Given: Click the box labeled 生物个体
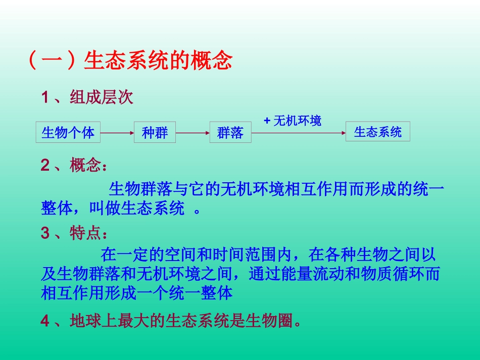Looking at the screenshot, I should point(68,133).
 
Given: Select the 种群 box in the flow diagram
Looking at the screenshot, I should point(155,133).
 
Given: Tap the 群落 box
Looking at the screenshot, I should point(230,133).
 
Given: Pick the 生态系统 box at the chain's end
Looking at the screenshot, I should point(377,132).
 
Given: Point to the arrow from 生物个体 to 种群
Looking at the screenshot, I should point(117,133).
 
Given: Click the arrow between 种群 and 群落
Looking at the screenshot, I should point(193,133).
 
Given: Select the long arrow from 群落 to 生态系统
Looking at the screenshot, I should point(298,133).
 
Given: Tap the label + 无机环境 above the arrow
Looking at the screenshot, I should point(293,121).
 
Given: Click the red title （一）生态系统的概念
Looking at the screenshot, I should point(128,61).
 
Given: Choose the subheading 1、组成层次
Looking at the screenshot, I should point(87,97).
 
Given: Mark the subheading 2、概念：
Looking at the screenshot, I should point(74,165).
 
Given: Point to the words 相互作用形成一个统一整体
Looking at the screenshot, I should point(136,293).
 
